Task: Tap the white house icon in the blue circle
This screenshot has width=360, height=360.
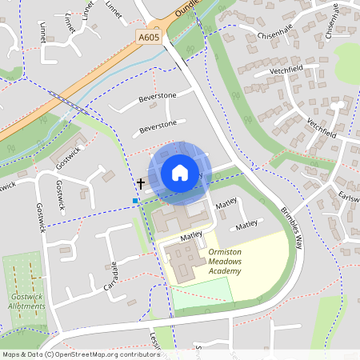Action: pyautogui.click(x=180, y=173)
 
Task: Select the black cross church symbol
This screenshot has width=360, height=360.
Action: pyautogui.click(x=141, y=183)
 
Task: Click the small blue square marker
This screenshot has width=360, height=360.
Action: pyautogui.click(x=136, y=200)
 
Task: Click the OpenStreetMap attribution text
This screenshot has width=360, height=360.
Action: pyautogui.click(x=81, y=354)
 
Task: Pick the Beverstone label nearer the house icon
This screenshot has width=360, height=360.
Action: pyautogui.click(x=158, y=126)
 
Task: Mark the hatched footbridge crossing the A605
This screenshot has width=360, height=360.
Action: pyautogui.click(x=58, y=100)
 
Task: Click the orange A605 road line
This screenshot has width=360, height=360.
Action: pyautogui.click(x=96, y=80)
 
